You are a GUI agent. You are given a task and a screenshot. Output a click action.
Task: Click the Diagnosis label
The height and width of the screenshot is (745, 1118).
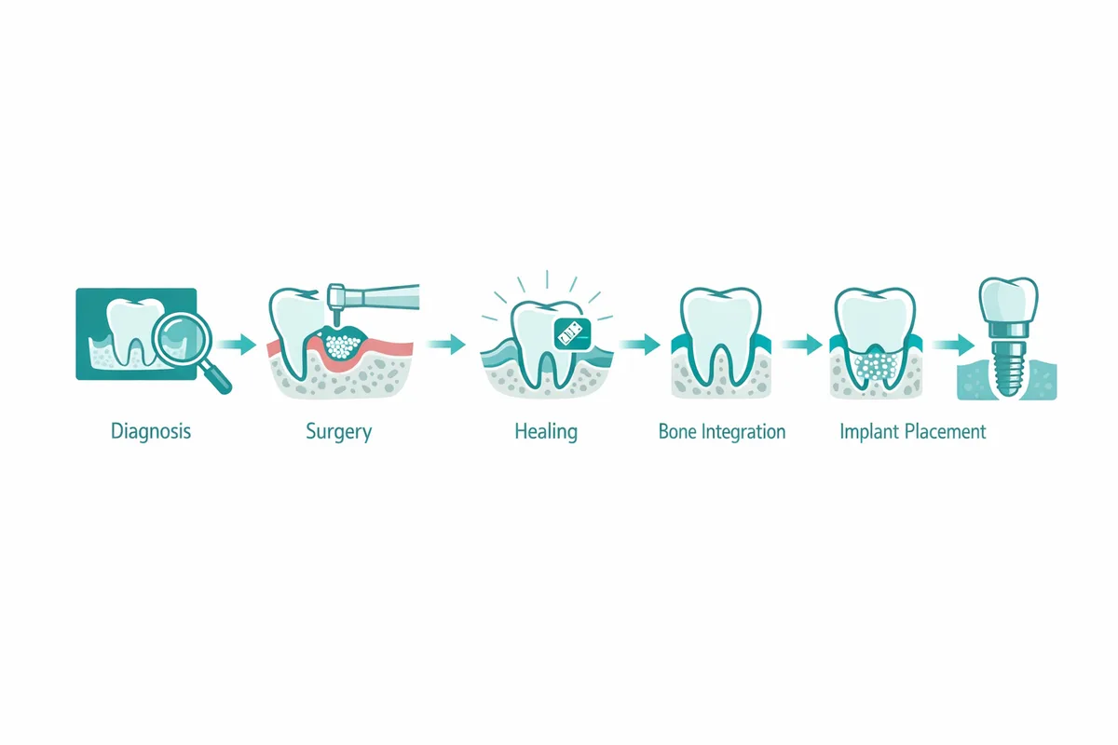coord(151,432)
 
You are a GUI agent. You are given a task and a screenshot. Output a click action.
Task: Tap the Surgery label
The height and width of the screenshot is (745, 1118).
coord(338,432)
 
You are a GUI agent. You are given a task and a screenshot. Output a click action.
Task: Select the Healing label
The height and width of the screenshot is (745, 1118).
coord(546,432)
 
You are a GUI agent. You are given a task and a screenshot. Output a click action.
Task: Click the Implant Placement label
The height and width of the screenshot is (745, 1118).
coord(912,432)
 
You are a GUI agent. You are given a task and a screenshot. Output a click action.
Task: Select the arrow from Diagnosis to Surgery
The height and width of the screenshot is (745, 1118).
coord(239,345)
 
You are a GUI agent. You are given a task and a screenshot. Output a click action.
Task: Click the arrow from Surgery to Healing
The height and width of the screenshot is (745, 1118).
coord(446,345)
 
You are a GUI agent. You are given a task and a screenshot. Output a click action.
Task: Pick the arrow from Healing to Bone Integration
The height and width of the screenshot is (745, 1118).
coord(638,345)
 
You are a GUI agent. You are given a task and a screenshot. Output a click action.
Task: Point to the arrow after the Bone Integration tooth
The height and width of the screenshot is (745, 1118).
coord(798,345)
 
